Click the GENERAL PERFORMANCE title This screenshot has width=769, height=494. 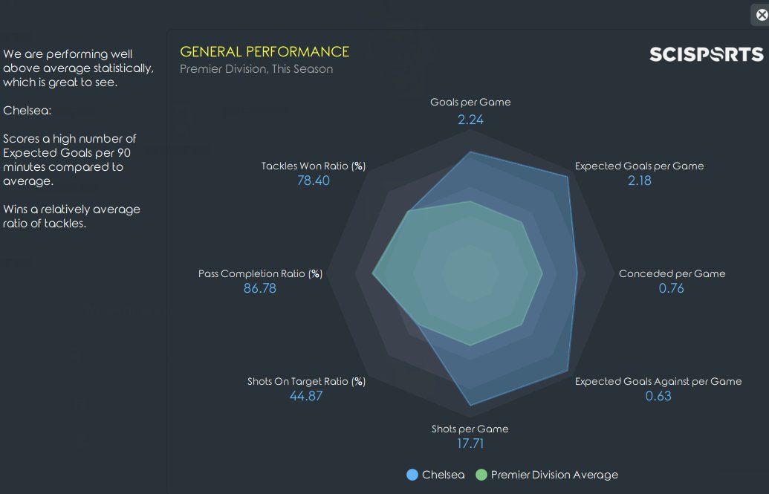[x=265, y=51]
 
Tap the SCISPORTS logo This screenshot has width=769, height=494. [x=706, y=54]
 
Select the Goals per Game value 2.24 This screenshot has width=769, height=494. [x=470, y=119]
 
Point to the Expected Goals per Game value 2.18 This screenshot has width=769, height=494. [x=639, y=181]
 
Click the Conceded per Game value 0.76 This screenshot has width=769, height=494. [x=671, y=288]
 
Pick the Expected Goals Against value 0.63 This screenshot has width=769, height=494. [x=658, y=396]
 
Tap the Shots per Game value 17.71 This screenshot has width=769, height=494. [x=470, y=443]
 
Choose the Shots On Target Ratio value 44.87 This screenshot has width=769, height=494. [x=306, y=396]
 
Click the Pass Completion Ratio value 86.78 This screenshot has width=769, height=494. [x=260, y=288]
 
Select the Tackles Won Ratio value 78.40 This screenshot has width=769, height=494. [x=313, y=181]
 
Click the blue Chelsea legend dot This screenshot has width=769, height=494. [x=412, y=475]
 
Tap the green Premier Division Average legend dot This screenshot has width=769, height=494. [x=481, y=475]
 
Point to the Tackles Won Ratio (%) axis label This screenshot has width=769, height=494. [x=313, y=166]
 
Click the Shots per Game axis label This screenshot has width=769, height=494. [x=470, y=429]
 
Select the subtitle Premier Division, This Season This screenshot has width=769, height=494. [x=256, y=69]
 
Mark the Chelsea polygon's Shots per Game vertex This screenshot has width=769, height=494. [x=470, y=406]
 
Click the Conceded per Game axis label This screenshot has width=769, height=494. [x=672, y=273]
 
